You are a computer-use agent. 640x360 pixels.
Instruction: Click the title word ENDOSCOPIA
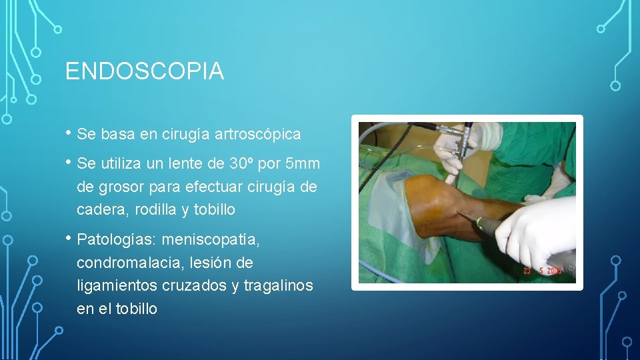tap(144, 71)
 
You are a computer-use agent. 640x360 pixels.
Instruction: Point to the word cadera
tap(99, 209)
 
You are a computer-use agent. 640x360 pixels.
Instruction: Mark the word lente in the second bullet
tap(184, 163)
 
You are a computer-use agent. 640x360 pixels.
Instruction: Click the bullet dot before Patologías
tap(69, 238)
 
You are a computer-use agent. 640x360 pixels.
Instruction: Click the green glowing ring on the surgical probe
tap(475, 220)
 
